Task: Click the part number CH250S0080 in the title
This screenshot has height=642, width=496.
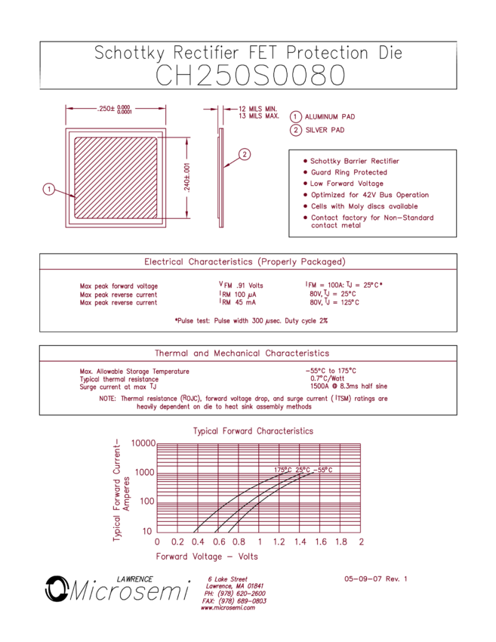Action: pyautogui.click(x=251, y=76)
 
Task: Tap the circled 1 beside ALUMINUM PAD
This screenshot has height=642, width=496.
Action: pyautogui.click(x=295, y=116)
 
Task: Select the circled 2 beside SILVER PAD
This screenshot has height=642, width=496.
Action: pyautogui.click(x=295, y=130)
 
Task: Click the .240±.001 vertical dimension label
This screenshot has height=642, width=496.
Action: pyautogui.click(x=186, y=177)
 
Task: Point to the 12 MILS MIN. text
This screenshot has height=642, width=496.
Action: pyautogui.click(x=258, y=109)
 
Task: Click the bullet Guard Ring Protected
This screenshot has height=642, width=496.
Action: pyautogui.click(x=349, y=172)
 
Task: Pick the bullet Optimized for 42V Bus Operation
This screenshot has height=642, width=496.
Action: pyautogui.click(x=370, y=195)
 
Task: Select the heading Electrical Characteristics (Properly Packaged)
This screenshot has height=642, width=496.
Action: pyautogui.click(x=245, y=261)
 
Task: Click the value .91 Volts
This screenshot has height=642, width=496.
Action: pyautogui.click(x=250, y=286)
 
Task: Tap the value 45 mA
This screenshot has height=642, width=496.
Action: pyautogui.click(x=245, y=302)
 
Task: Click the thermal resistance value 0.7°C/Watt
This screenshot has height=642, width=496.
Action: pyautogui.click(x=328, y=378)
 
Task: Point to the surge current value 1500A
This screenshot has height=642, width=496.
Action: pyautogui.click(x=319, y=386)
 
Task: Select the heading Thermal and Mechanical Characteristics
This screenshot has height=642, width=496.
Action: pyautogui.click(x=242, y=353)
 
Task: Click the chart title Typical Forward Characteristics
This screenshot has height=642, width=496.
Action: pyautogui.click(x=254, y=431)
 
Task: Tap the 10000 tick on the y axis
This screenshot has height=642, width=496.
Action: pyautogui.click(x=143, y=443)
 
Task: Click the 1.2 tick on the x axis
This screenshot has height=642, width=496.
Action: pyautogui.click(x=279, y=542)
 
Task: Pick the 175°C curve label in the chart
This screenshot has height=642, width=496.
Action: pyautogui.click(x=283, y=470)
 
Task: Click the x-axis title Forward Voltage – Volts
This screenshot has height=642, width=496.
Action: pyautogui.click(x=207, y=557)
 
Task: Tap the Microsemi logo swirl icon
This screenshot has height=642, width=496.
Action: pyautogui.click(x=57, y=588)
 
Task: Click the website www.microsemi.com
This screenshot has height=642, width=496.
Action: pyautogui.click(x=228, y=607)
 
